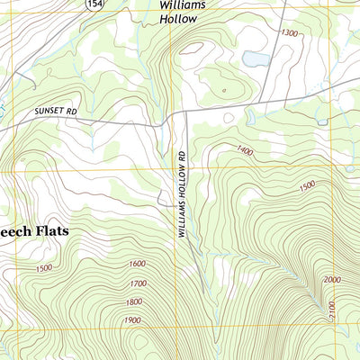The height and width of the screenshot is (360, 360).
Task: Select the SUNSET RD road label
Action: pyautogui.click(x=57, y=110)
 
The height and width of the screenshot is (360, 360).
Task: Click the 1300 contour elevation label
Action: pyautogui.click(x=289, y=33)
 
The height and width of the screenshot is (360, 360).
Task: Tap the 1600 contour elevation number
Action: pyautogui.click(x=138, y=264)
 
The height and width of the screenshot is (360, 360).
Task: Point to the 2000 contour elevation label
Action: pyautogui.click(x=331, y=281)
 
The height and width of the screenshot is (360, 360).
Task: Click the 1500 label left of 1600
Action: pyautogui.click(x=41, y=267)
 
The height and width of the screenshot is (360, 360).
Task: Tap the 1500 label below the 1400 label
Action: pyautogui.click(x=307, y=186)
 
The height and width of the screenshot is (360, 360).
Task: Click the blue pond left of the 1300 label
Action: pyautogui.click(x=256, y=59)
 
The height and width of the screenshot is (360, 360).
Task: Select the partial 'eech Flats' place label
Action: pyautogui.click(x=33, y=230)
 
